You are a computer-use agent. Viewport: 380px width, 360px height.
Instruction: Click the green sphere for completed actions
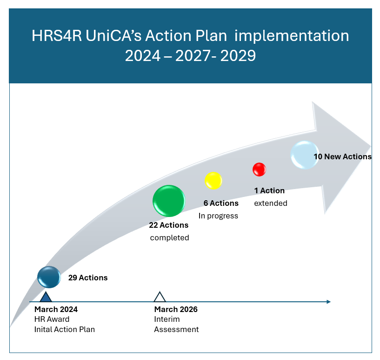coord(169,201)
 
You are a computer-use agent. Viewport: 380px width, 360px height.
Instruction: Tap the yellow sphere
coord(213,181)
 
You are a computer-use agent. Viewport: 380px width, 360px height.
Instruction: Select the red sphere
coord(260,170)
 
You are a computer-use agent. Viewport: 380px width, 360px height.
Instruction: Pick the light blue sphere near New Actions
coord(305,155)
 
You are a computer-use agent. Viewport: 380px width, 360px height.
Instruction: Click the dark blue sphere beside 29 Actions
coord(49,277)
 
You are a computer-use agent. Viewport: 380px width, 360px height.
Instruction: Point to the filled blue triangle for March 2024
coord(46,297)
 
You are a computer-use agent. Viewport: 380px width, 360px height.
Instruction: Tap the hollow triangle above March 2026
coord(160,297)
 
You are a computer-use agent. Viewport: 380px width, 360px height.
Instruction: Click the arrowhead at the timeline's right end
coord(329,302)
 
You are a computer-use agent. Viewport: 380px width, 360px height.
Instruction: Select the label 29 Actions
coord(88,278)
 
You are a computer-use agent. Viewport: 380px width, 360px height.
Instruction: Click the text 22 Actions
coord(169,225)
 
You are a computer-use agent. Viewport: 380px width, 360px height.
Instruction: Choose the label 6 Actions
coord(221,203)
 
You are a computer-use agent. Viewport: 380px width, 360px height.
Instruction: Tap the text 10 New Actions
coord(343,156)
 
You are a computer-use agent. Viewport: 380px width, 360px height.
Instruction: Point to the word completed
coord(170,238)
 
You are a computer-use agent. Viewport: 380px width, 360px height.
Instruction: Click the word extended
coord(271,203)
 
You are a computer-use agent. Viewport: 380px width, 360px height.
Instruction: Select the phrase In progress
coord(218,216)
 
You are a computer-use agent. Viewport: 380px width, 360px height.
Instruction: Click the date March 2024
coord(56,309)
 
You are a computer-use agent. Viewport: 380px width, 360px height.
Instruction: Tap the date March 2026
coord(176,309)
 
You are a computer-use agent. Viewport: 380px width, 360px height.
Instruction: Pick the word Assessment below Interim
coord(176,329)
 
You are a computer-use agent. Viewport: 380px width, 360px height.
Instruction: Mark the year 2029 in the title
coord(238,55)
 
